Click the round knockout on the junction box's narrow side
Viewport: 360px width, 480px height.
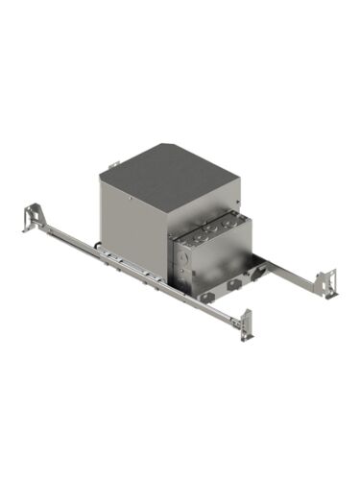click(x=180, y=259)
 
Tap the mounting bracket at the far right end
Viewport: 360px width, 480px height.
click(x=329, y=282)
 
